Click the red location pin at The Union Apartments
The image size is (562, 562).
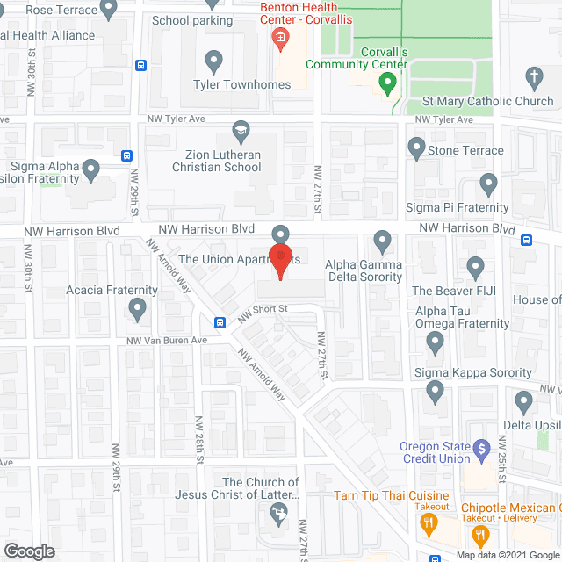[x=281, y=261]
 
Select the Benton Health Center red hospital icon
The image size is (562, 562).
[x=280, y=38]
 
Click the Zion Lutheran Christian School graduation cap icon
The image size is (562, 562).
[x=240, y=132]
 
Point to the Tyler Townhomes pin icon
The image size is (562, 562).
[x=213, y=61]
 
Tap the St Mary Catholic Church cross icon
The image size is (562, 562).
[x=534, y=77]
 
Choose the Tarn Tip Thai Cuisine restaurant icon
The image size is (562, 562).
[x=429, y=523]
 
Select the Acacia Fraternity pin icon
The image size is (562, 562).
[x=137, y=308]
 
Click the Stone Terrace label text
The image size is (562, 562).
[x=465, y=150]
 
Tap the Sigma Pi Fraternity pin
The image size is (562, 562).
[x=489, y=184]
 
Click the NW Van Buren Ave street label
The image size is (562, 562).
[x=166, y=341]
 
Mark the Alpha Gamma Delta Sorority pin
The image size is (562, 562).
[x=382, y=240]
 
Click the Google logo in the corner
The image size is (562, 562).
[x=28, y=551]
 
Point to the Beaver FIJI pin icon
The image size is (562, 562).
[x=475, y=266]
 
